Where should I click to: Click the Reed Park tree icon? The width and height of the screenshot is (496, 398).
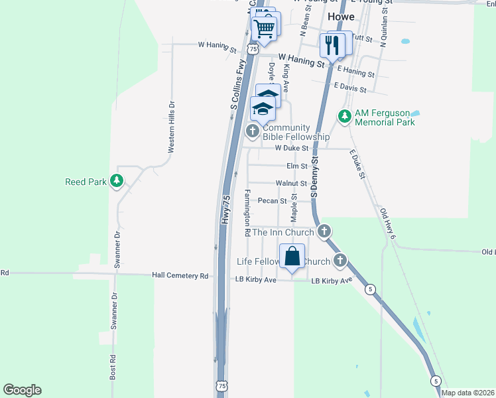pos(117,180)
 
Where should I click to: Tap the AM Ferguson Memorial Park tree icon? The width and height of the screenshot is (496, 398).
pos(344,117)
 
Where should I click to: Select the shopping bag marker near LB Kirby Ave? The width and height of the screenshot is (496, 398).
pos(292,256)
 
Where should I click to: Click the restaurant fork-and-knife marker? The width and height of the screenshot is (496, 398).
pos(331,45)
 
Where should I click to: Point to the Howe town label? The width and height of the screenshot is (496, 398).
pos(341,17)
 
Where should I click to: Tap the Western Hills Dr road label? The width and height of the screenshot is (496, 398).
pos(171,127)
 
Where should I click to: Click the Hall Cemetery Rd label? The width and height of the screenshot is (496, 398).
pos(180,275)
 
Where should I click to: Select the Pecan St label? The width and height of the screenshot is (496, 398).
pos(272,200)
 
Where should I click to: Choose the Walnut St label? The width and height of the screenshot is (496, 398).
pos(291,183)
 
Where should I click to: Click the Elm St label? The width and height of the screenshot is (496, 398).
pos(296,166)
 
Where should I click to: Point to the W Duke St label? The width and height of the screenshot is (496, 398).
pos(292,148)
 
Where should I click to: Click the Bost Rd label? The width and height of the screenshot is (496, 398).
pos(113,366)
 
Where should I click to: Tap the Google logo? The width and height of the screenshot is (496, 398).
pos(22,390)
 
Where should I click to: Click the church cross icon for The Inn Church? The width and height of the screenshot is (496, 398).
pos(324,232)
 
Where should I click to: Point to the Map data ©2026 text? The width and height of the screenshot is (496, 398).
pos(467,393)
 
